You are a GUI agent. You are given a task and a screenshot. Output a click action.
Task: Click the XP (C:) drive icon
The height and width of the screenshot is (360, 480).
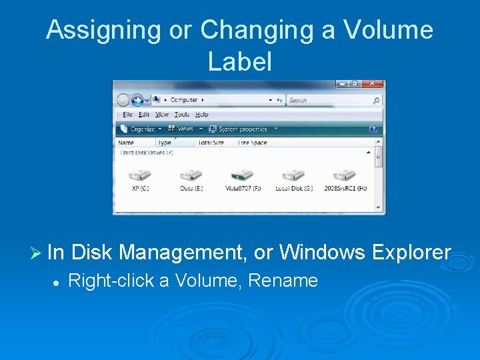pyautogui.click(x=140, y=176)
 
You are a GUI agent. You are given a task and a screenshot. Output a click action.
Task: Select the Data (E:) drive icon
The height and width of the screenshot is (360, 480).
pyautogui.click(x=191, y=176)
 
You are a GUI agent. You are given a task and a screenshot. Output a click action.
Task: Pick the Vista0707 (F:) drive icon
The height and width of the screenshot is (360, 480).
pyautogui.click(x=242, y=176)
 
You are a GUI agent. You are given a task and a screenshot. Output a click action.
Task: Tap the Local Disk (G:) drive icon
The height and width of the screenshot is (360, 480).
pyautogui.click(x=293, y=176)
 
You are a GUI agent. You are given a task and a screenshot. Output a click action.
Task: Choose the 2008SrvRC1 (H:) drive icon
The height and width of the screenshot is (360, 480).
pyautogui.click(x=345, y=176)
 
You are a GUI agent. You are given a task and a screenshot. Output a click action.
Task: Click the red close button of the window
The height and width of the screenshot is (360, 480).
pyautogui.click(x=375, y=84)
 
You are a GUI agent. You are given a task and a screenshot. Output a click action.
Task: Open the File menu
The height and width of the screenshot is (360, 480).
pyautogui.click(x=127, y=115)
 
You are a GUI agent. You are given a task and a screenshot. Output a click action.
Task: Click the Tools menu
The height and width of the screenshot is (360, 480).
pyautogui.click(x=182, y=115)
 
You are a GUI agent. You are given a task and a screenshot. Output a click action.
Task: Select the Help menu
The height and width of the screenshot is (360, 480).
pyautogui.click(x=201, y=115)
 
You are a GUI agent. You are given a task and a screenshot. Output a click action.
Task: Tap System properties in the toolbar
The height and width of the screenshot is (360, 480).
pyautogui.click(x=241, y=129)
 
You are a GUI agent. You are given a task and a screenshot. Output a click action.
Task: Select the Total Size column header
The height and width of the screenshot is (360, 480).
pyautogui.click(x=212, y=143)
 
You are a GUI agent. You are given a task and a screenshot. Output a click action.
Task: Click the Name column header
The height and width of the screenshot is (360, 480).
pyautogui.click(x=126, y=143)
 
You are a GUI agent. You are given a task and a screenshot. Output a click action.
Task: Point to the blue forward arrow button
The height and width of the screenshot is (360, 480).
pyautogui.click(x=138, y=100)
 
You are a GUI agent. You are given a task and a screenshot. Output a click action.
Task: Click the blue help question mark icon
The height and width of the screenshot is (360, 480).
pyautogui.click(x=373, y=129)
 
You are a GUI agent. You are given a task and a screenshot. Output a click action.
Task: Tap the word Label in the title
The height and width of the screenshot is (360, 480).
pyautogui.click(x=240, y=61)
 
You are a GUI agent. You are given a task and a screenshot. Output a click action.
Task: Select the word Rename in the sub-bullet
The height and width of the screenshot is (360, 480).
pyautogui.click(x=283, y=281)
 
